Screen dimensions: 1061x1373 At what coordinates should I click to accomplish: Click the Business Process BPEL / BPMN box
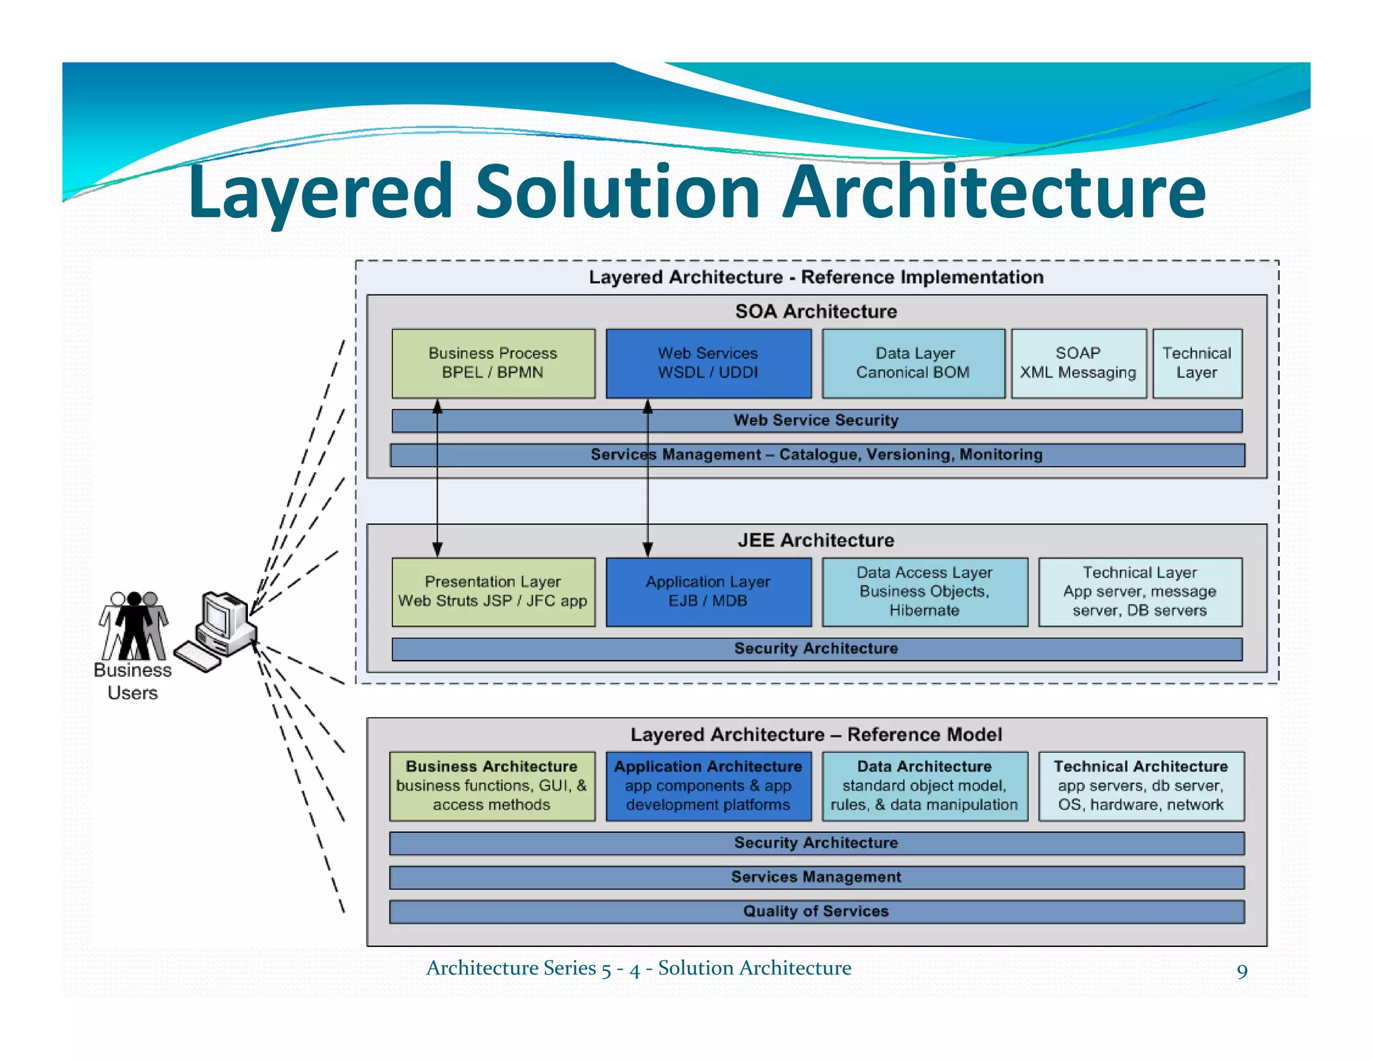click(x=493, y=363)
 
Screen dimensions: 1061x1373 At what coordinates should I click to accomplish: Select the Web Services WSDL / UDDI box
click(x=708, y=363)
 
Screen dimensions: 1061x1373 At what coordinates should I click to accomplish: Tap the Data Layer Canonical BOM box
click(x=913, y=363)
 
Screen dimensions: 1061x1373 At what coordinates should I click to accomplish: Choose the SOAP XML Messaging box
click(x=1078, y=363)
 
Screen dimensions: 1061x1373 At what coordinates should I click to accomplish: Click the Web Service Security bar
click(x=816, y=421)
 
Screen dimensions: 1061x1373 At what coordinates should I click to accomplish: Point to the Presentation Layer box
click(x=493, y=592)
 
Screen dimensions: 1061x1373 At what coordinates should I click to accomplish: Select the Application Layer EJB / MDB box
click(x=708, y=592)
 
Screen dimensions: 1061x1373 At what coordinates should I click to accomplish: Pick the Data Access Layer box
click(x=924, y=592)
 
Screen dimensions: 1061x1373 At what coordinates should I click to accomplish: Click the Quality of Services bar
click(x=816, y=911)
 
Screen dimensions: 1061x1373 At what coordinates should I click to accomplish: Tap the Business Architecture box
click(x=492, y=785)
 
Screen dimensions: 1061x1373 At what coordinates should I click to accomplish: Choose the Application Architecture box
click(x=708, y=785)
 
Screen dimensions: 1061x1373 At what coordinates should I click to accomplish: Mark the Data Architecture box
click(x=924, y=785)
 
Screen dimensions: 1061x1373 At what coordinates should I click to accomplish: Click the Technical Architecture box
click(x=1141, y=785)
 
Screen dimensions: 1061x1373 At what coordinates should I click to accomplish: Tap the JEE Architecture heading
click(x=816, y=541)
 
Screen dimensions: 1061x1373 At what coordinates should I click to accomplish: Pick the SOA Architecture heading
click(x=816, y=312)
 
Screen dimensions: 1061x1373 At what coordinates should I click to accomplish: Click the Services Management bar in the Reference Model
click(x=816, y=877)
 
